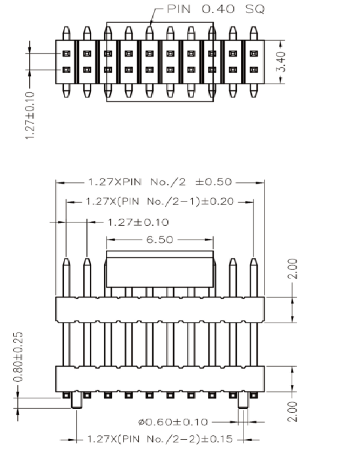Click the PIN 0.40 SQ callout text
tap(216, 9)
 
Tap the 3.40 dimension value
tap(282, 62)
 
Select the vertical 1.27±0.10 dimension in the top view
tap(30, 115)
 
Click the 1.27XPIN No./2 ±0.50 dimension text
tap(160, 182)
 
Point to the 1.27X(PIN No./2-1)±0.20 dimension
tap(160, 201)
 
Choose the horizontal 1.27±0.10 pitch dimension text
tap(138, 223)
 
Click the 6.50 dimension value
tap(160, 240)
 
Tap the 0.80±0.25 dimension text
tap(18, 357)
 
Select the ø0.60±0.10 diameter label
tap(173, 422)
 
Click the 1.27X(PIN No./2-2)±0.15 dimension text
tap(160, 439)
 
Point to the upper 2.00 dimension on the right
tap(293, 269)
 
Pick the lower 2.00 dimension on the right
tap(293, 411)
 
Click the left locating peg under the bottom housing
tap(76, 400)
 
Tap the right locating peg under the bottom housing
tap(244, 400)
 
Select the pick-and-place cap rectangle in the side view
tap(160, 269)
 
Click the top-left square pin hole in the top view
tap(66, 53)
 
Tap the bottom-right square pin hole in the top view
tap(254, 70)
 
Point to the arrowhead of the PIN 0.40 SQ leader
tap(151, 24)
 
